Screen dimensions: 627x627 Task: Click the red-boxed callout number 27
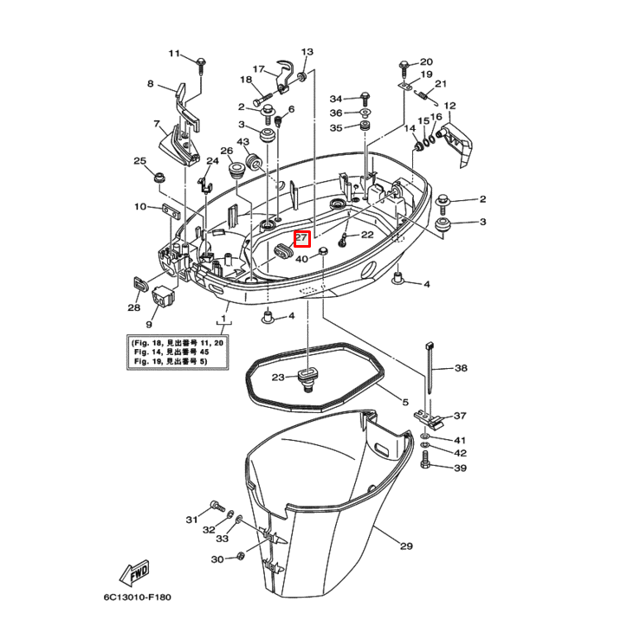301,237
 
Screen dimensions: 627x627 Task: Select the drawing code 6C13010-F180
139,598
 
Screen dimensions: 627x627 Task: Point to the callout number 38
460,368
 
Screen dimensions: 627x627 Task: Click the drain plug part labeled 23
305,378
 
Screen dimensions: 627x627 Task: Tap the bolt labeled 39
425,468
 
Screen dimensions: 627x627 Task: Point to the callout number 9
148,324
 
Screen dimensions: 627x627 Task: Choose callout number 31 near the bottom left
191,519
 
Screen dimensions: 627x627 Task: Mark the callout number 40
301,258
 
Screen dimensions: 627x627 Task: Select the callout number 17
258,68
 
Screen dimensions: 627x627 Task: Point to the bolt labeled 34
365,98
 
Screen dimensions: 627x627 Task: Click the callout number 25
139,160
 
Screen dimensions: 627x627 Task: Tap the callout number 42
460,453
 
